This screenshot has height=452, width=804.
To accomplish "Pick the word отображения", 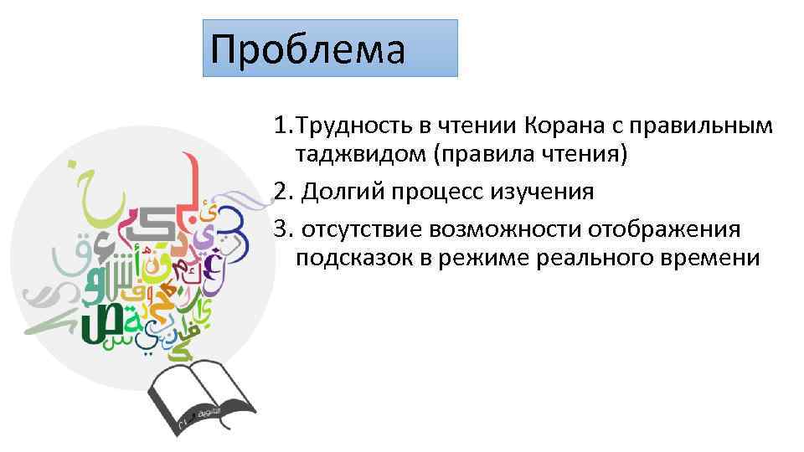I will tap(662, 229).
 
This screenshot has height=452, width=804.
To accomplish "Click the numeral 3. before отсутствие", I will tap(282, 229).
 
